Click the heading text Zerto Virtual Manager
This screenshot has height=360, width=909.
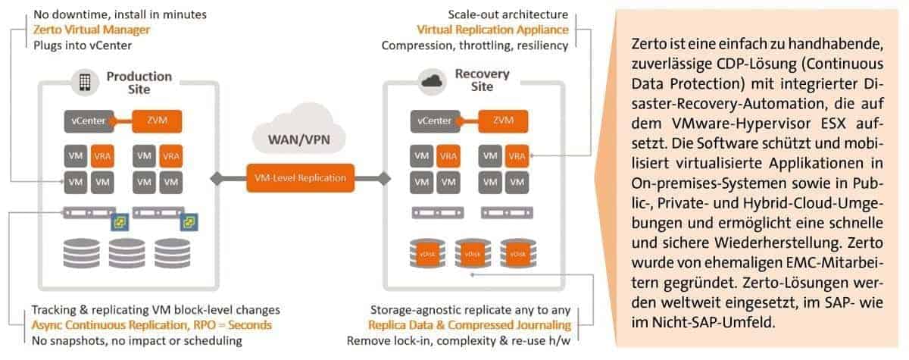click(x=92, y=30)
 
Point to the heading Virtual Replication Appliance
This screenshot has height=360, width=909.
click(x=492, y=30)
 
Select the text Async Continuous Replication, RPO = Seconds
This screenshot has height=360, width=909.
click(x=151, y=325)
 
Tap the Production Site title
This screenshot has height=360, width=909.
click(x=139, y=82)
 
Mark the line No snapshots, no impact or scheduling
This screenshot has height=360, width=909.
click(x=136, y=340)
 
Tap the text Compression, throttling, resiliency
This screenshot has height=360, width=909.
click(x=475, y=45)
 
